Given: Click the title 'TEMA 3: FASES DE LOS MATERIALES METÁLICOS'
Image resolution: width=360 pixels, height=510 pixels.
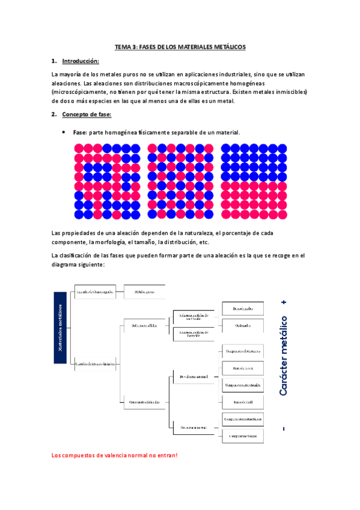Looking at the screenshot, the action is tap(180, 47).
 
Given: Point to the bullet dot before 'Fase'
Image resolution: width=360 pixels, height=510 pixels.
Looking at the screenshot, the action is tap(64, 132).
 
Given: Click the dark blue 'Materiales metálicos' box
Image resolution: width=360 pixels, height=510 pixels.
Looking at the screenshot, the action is tap(61, 328).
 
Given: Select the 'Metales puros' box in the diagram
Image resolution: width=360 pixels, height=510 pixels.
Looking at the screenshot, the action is tap(145, 292).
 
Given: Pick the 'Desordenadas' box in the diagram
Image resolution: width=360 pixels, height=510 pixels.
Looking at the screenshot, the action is tap(242, 309).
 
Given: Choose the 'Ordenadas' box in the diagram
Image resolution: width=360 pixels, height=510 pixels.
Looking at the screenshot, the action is tap(242, 326).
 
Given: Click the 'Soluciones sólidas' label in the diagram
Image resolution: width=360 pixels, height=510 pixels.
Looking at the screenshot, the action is tap(144, 325).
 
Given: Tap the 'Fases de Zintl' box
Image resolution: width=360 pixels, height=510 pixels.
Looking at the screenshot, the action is tap(242, 401).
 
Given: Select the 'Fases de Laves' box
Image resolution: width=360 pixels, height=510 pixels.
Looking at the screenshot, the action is tap(242, 367).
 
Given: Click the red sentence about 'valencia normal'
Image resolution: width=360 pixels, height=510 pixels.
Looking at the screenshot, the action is tap(115, 455).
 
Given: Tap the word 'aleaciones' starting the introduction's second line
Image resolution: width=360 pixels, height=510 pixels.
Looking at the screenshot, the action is tap(66, 83).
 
